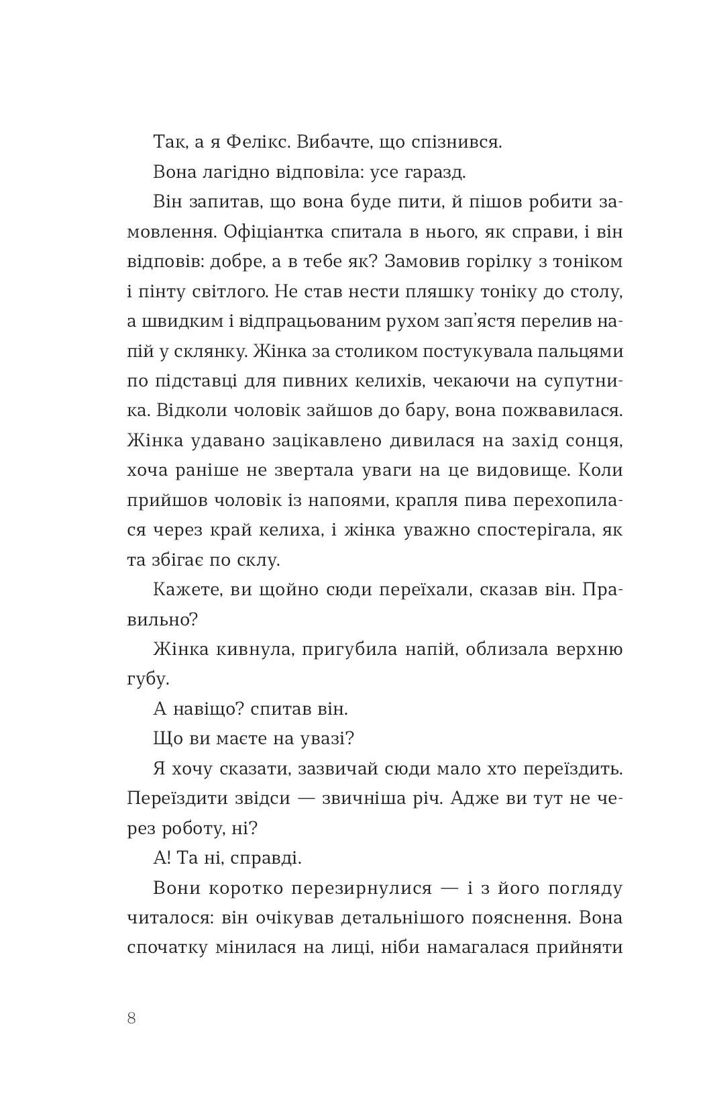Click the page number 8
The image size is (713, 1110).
131,1018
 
